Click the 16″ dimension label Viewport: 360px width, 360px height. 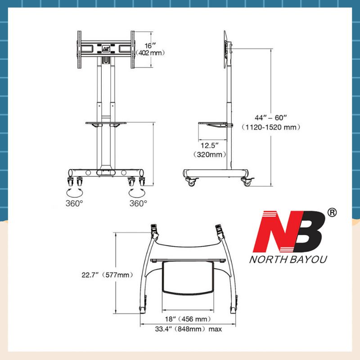150,46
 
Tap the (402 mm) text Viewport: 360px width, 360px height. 150,53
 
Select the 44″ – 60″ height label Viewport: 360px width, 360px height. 271,117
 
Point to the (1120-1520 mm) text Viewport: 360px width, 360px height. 271,127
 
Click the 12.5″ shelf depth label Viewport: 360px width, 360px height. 210,145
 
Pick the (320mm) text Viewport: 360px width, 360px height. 210,154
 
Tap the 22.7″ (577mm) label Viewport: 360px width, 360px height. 107,275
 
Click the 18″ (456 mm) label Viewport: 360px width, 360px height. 188,319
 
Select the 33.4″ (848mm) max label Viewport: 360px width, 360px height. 189,329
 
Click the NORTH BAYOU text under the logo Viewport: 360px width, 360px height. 288,260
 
